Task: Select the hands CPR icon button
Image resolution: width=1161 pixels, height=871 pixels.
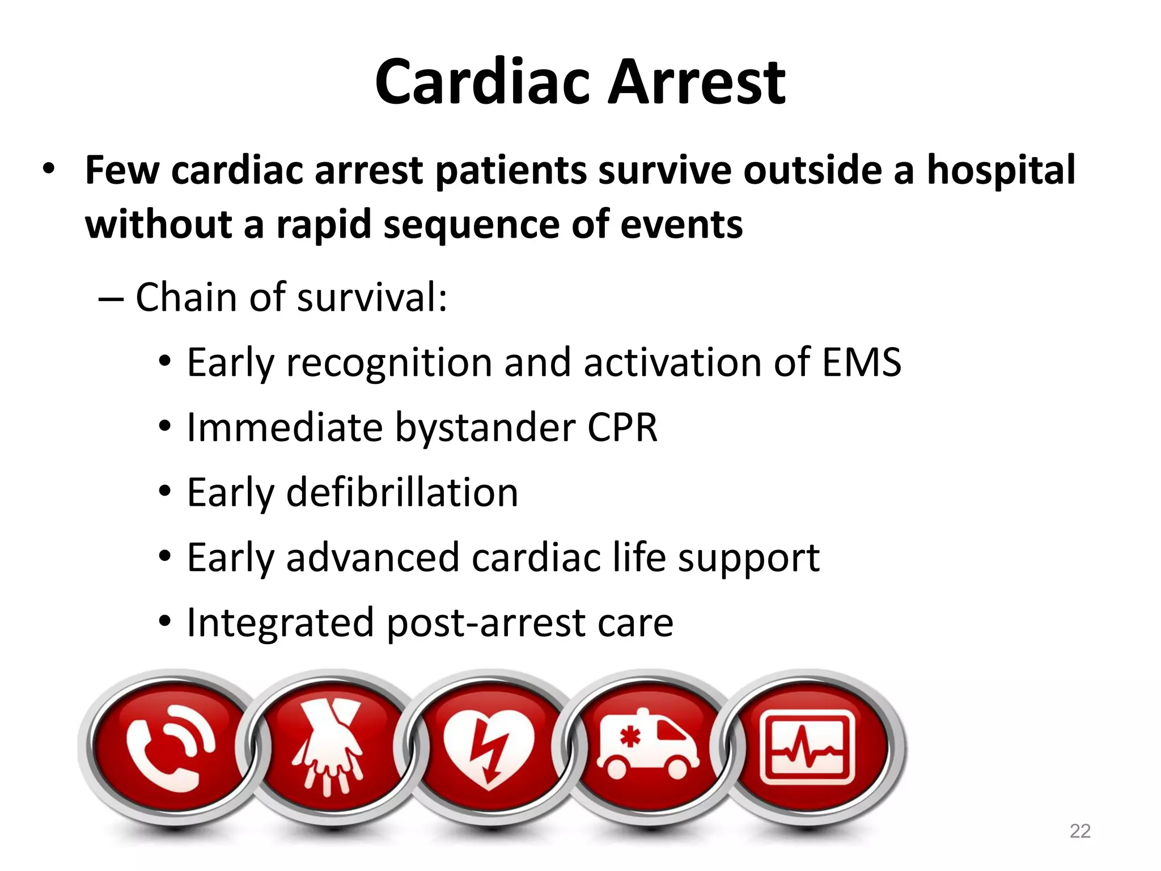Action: click(328, 747)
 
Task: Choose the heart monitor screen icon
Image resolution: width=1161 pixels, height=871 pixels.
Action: click(807, 747)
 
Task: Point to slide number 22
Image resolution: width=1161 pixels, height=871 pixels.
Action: click(1079, 831)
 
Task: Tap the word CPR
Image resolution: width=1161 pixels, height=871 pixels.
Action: click(622, 428)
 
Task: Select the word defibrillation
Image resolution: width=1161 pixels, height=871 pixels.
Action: click(402, 492)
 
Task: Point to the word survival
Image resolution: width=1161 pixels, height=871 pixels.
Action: click(372, 297)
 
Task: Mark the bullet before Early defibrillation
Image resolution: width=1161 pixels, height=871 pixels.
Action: click(165, 491)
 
